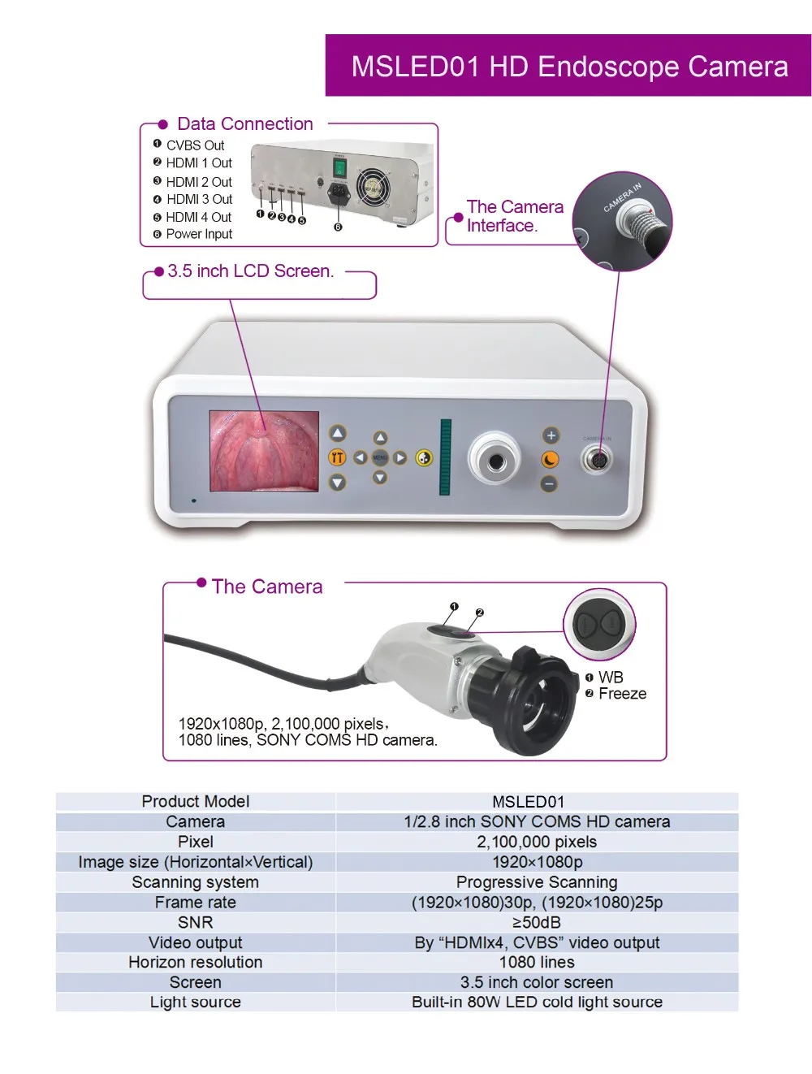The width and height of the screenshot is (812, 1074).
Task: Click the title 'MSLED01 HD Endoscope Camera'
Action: [568, 66]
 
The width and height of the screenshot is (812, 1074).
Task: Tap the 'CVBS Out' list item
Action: [195, 145]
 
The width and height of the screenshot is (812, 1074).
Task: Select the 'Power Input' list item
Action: [199, 234]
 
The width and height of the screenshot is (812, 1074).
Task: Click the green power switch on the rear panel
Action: [340, 168]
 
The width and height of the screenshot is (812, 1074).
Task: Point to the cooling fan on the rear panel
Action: [373, 187]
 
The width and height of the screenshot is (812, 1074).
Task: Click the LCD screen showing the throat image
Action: [264, 451]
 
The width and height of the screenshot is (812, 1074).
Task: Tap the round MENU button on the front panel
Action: [379, 457]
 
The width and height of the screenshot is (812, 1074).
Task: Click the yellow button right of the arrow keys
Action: [424, 458]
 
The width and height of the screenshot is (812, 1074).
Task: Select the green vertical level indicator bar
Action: [445, 457]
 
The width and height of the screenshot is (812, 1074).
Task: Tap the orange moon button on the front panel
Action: [550, 460]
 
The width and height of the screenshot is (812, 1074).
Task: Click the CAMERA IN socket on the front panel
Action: [596, 461]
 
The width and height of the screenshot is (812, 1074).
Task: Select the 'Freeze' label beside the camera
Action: [622, 694]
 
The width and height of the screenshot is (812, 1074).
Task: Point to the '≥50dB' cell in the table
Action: [537, 922]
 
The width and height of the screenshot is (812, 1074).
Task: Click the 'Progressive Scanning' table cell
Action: [537, 882]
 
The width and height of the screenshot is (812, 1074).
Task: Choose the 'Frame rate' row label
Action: [195, 902]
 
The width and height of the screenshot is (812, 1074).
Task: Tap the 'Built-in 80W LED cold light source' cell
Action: [537, 1002]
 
